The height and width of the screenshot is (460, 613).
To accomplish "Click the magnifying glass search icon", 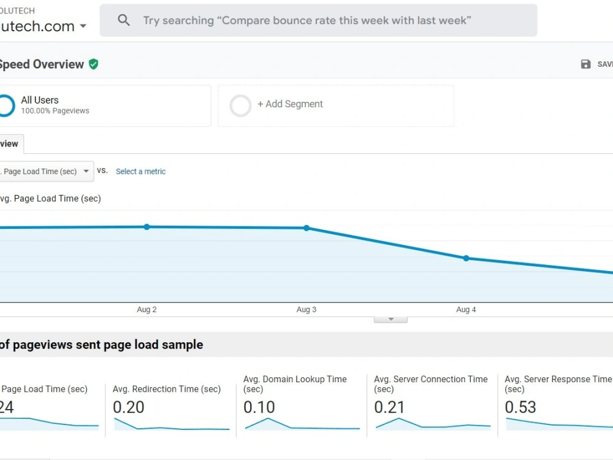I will point(124,20).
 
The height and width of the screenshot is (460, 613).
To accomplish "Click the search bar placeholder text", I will point(306,20).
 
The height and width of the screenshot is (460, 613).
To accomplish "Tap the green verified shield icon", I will point(93,64).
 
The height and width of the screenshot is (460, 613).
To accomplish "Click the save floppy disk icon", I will point(585,64).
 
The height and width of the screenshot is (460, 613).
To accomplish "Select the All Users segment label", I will point(40,100).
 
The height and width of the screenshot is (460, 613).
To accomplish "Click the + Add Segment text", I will point(290,104).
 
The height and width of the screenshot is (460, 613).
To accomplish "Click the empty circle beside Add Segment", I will point(240,105).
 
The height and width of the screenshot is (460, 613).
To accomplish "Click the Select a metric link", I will point(140,172).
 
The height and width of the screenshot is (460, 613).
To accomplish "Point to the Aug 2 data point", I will point(147,227).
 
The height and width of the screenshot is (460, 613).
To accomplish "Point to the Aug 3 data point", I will point(306,228).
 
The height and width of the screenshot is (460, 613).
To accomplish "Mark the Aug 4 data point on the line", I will point(466,258).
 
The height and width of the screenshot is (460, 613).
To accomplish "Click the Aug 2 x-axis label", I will point(147,310).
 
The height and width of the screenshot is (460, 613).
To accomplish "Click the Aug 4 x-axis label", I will point(466,310).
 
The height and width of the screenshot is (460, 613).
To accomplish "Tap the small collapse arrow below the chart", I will point(390,320).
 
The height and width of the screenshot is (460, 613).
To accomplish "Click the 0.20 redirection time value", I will point(129,407).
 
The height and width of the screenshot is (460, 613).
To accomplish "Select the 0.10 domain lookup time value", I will point(259,407).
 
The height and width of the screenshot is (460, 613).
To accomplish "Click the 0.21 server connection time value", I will point(389,407).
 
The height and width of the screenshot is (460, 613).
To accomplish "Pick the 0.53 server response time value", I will point(520,407).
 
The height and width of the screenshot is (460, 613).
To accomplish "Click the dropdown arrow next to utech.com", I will point(83,26).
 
